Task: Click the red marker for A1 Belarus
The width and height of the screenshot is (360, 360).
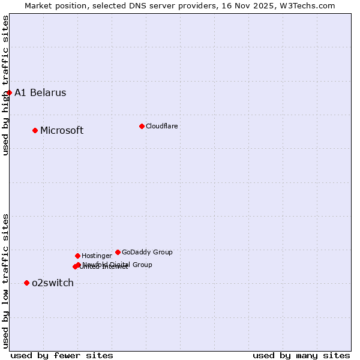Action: pos(9,92)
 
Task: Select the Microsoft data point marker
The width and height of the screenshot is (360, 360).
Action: pos(35,130)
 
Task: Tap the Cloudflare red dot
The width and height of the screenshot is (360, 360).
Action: pos(142,126)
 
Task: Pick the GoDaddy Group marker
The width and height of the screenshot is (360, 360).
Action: pos(118,252)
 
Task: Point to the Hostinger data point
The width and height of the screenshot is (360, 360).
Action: pos(77,256)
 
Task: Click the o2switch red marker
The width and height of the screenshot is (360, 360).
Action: pos(26,283)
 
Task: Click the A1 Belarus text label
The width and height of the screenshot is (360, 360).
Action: pos(40,92)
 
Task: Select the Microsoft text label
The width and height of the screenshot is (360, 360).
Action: pos(62,131)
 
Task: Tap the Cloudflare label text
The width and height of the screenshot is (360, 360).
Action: pos(161,126)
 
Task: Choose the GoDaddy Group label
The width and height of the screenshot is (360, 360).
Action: pos(147,252)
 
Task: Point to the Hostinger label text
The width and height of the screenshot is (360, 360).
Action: pos(97,256)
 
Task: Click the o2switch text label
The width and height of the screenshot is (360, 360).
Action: pos(53,283)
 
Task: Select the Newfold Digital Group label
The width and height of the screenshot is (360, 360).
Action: pos(118,264)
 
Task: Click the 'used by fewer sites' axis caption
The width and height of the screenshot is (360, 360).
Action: pos(62,355)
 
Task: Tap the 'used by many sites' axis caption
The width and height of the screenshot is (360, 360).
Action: pos(301,355)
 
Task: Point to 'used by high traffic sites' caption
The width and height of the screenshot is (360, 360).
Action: pos(5,85)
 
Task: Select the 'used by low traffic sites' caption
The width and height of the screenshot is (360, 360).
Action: pos(5,281)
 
